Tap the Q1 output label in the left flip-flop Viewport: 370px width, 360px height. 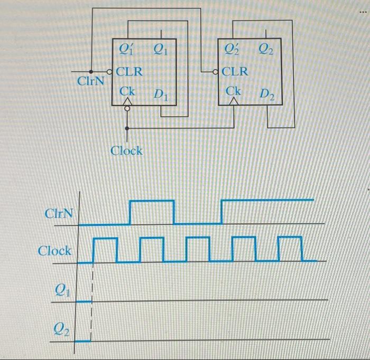point(160,51)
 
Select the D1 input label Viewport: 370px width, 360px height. point(161,95)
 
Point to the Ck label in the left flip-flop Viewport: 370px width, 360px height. point(127,91)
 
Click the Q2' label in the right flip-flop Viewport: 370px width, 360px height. point(233,51)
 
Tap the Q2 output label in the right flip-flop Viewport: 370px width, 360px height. point(266,51)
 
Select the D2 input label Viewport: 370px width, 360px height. point(267,95)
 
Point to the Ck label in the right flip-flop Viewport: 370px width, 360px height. point(234,91)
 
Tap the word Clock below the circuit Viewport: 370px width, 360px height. point(126,151)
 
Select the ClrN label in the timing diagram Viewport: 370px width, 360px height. point(58,214)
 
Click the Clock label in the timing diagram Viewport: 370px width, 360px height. point(54,251)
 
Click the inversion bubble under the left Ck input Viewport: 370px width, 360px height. point(127,109)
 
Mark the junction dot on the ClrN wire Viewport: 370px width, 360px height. point(91,71)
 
